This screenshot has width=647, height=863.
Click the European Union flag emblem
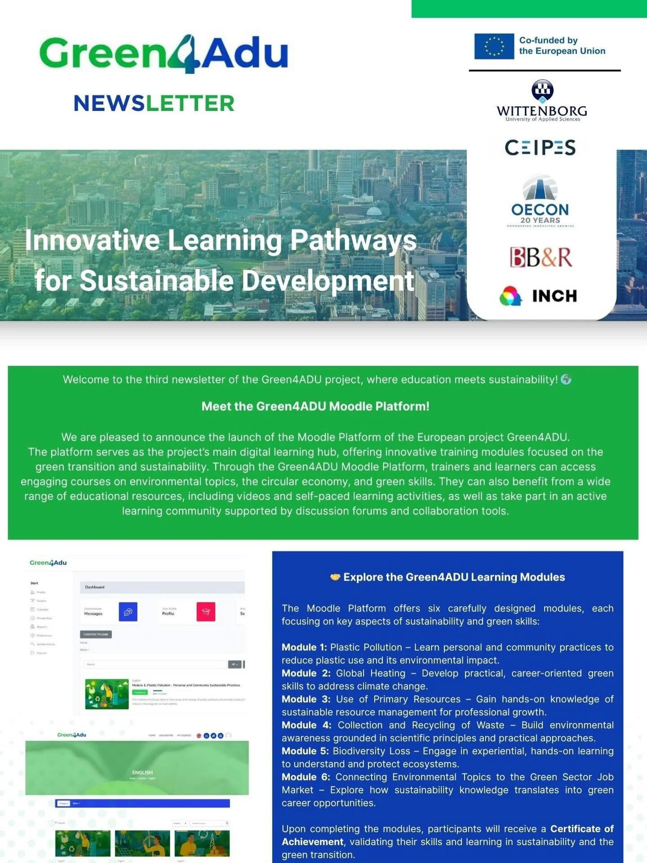tap(494, 46)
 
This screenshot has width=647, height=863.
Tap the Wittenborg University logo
tap(542, 102)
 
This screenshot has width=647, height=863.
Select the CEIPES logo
tap(540, 147)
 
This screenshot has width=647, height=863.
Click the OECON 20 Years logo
tap(540, 201)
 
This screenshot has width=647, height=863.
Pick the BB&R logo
tap(541, 257)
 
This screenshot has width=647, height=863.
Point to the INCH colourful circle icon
tap(510, 296)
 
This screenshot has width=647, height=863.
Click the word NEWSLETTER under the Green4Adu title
tap(154, 103)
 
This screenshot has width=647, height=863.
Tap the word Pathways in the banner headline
tap(353, 240)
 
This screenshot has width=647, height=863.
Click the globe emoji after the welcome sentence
tap(566, 379)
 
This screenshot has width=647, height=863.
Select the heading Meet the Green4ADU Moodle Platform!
tap(315, 406)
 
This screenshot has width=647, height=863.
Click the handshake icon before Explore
tap(335, 577)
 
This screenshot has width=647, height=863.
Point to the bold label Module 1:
tap(304, 647)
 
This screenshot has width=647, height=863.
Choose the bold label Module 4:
tap(306, 725)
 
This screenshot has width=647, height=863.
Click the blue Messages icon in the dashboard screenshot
tap(128, 612)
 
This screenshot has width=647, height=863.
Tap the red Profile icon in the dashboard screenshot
tap(206, 612)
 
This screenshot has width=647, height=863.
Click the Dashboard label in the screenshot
tap(95, 587)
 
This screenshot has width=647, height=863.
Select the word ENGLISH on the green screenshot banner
tap(142, 772)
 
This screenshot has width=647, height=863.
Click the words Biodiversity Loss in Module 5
tap(371, 751)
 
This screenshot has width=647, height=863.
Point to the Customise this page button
tap(96, 634)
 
